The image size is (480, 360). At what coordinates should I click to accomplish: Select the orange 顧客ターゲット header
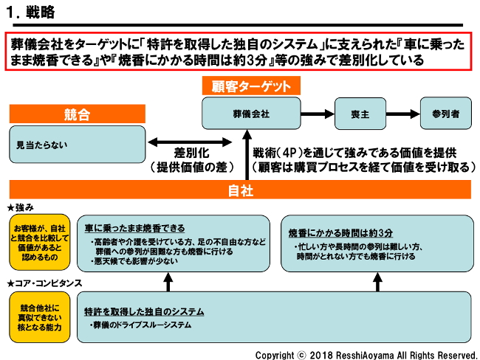coord(247,86)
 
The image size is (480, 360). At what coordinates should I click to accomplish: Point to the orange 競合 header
coord(78,115)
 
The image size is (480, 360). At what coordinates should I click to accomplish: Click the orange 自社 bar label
coord(240,190)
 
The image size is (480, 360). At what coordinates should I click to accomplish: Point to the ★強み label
coord(23,206)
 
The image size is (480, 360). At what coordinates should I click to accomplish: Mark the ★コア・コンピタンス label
coord(44,283)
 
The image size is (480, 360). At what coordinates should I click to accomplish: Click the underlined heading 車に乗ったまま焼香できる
coord(134,228)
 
